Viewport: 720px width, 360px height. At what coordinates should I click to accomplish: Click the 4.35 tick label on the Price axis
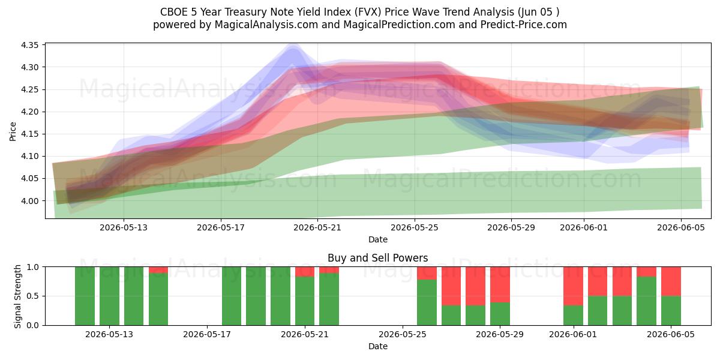click(29, 45)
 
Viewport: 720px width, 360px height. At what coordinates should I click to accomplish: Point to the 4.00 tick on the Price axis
click(29, 201)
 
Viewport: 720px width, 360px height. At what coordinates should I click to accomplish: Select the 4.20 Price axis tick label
click(29, 112)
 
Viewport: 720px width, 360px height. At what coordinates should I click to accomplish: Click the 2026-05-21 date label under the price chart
click(317, 227)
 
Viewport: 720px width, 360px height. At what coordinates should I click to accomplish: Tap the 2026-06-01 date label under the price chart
click(584, 227)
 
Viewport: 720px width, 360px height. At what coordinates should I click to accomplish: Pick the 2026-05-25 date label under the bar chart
click(403, 335)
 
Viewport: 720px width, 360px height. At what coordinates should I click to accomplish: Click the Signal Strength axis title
click(17, 296)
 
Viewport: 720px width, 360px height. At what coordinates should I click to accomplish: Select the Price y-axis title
click(13, 131)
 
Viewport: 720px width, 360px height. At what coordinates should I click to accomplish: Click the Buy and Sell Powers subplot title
click(377, 258)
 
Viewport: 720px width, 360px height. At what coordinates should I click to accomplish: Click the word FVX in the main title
click(368, 12)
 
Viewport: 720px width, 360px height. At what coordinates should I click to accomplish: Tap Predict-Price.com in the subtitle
click(524, 25)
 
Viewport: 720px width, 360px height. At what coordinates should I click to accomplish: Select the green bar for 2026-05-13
click(109, 296)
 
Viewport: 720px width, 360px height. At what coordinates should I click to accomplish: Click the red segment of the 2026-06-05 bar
click(671, 281)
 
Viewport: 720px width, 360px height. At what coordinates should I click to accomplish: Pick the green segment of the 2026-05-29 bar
click(500, 314)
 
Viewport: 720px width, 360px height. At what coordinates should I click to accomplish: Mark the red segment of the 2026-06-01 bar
click(573, 286)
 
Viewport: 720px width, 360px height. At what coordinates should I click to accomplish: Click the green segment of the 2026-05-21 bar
click(305, 301)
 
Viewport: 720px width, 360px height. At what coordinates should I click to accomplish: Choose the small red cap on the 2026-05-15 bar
click(158, 270)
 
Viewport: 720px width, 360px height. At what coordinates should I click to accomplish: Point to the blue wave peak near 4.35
click(293, 47)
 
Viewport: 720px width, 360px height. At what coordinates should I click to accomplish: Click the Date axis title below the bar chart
click(377, 346)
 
